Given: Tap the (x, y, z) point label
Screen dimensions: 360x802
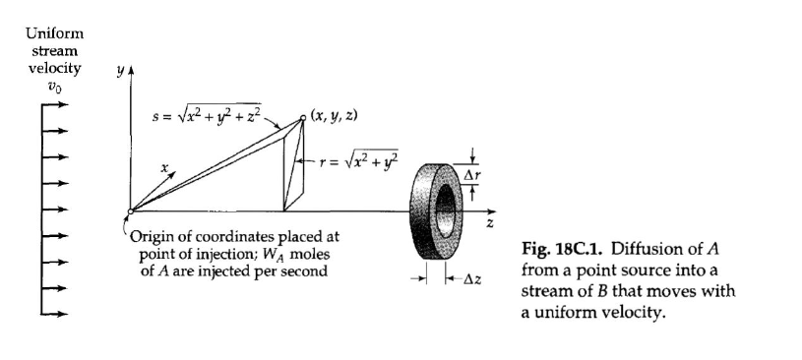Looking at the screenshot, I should point(334,115).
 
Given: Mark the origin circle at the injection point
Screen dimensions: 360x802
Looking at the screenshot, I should point(131,210).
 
